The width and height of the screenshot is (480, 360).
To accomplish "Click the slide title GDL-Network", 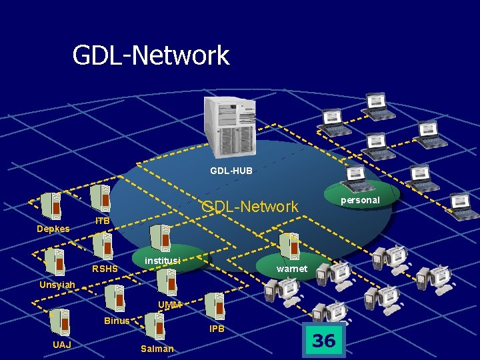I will coord(151,55).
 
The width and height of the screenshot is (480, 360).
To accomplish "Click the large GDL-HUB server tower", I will coord(231,123).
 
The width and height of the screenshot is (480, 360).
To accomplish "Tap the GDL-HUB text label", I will coord(231,171).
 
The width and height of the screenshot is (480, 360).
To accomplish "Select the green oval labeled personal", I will coord(361,199).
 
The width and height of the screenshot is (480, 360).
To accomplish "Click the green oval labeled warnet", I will coord(291,268).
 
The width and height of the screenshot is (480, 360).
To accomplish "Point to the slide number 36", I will coord(324,341).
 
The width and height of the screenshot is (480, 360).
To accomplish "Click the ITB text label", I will coord(103,221).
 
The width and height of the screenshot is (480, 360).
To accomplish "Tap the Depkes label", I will coord(53,229).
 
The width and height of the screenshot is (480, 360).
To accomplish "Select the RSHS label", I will coord(105,269).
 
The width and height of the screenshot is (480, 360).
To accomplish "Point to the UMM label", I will coord(169,305).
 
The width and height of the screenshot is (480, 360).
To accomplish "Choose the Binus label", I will coord(117,321).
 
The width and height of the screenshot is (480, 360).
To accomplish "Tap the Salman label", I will coord(157,349).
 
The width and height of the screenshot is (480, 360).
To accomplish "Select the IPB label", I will coord(217,329).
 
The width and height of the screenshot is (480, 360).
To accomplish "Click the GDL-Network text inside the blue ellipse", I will coord(250,207).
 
